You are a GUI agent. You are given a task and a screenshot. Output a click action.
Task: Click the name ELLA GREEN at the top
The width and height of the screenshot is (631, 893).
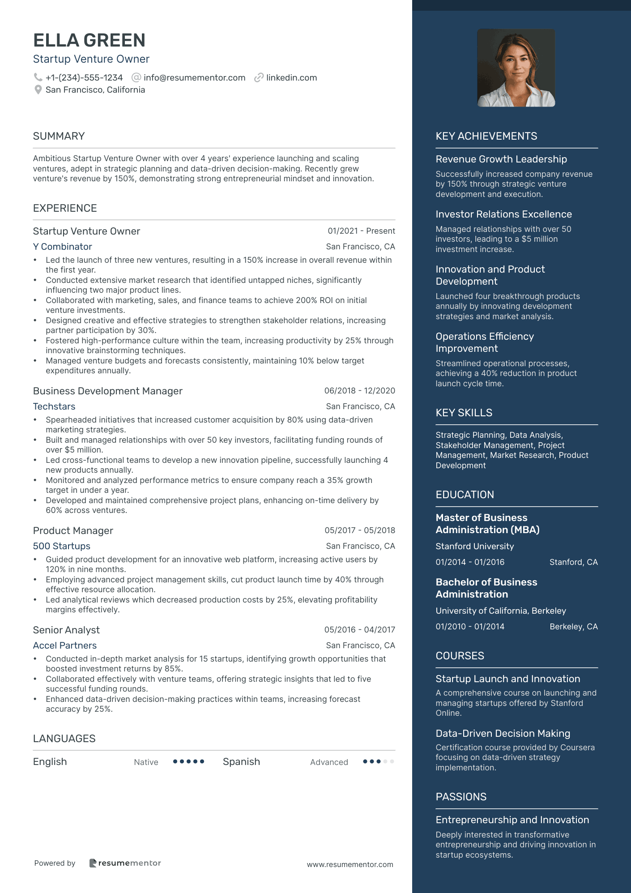coord(89,40)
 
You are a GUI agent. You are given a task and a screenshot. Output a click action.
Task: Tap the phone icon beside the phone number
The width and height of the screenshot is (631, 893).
coord(38,77)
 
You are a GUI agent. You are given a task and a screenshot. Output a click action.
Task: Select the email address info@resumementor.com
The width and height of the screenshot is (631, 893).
coord(194,77)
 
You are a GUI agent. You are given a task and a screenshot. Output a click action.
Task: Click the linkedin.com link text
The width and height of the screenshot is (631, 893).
coord(291,77)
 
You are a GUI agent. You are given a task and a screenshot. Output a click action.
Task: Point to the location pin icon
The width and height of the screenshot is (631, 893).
coord(38,90)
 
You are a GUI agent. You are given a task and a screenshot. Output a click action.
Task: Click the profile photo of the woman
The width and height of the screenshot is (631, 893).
coord(516,68)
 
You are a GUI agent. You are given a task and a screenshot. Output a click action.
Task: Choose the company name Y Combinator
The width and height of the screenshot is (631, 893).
coord(62,247)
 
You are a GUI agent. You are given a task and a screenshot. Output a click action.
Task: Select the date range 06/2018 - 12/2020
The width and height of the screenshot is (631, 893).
coord(359,391)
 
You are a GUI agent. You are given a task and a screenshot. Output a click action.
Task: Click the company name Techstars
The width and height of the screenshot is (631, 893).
coord(54,406)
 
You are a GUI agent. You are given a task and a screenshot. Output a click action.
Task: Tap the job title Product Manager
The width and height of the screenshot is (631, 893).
coord(73,530)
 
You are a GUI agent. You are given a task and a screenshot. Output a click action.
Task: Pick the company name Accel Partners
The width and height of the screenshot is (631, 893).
coord(65,645)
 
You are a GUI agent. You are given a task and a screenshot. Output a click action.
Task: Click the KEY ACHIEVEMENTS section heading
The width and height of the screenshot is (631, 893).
coord(486,136)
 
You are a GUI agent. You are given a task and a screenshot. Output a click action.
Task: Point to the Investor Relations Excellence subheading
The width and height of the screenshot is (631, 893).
coord(503,214)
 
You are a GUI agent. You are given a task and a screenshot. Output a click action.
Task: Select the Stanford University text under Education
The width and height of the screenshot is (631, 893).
coord(474,546)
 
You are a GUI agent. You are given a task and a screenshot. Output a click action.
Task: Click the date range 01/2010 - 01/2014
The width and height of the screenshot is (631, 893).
coord(470,627)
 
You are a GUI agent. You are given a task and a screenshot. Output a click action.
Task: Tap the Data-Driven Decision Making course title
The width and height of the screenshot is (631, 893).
coord(503,733)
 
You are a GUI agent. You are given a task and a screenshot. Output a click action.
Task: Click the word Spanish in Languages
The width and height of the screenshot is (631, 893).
coord(241,762)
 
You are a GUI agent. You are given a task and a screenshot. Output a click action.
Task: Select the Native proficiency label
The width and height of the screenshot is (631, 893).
coord(146,762)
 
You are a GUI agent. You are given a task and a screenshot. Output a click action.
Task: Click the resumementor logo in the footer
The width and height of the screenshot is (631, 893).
coord(125,863)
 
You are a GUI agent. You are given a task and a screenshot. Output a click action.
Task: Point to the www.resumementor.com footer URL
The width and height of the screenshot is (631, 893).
coord(350,864)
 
